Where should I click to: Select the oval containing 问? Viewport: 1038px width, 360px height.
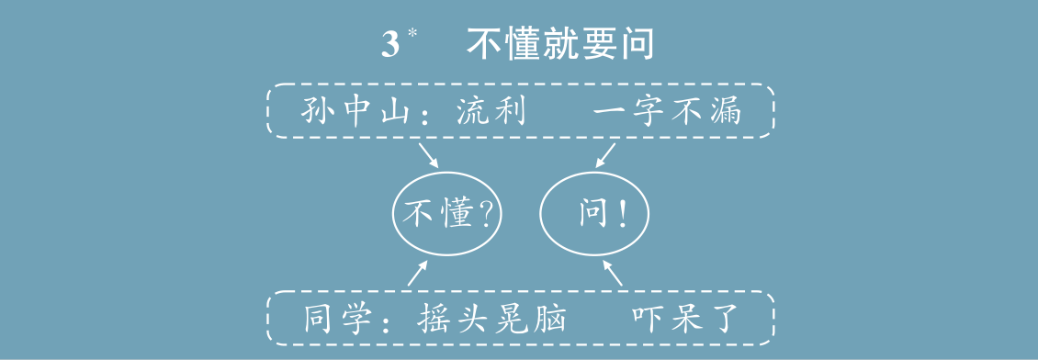[x=594, y=215]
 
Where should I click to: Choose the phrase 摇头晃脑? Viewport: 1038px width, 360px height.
[x=491, y=318]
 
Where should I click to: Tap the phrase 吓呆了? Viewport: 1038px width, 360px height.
[x=685, y=318]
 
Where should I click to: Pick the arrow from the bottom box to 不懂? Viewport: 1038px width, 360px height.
[x=418, y=272]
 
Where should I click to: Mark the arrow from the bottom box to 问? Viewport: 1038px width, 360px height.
[x=613, y=272]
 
